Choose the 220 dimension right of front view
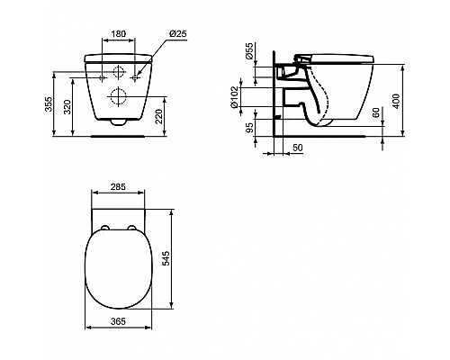tap(184, 114)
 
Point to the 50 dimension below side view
tap(296, 147)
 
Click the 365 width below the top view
tap(119, 319)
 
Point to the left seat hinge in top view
tap(100, 226)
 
